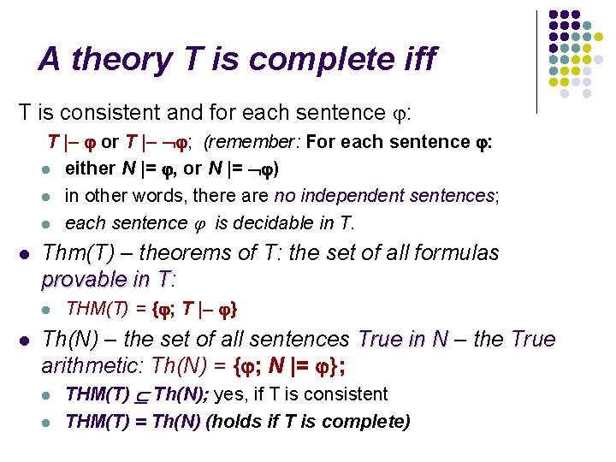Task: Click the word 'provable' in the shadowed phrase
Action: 83,279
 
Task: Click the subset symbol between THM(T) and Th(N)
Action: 141,396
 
